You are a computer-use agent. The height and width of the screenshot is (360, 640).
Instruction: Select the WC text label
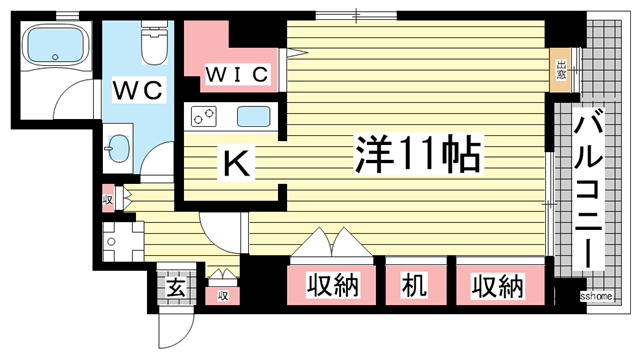(138, 90)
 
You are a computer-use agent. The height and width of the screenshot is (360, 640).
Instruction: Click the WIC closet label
(238, 73)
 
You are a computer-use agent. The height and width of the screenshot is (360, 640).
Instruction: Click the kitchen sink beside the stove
(253, 116)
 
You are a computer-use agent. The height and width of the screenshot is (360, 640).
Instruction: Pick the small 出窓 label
(563, 69)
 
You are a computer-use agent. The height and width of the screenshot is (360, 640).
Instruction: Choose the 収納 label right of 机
(497, 287)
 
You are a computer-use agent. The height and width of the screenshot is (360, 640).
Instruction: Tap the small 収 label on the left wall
(108, 199)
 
